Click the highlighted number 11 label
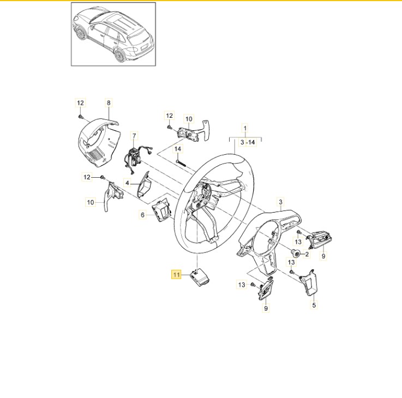176,275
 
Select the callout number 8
108,102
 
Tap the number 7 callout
135,135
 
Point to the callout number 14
178,148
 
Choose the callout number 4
127,184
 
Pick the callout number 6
143,215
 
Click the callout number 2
307,254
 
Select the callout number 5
314,306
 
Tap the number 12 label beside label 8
80,102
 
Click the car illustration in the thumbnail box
113,34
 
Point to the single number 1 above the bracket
245,130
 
